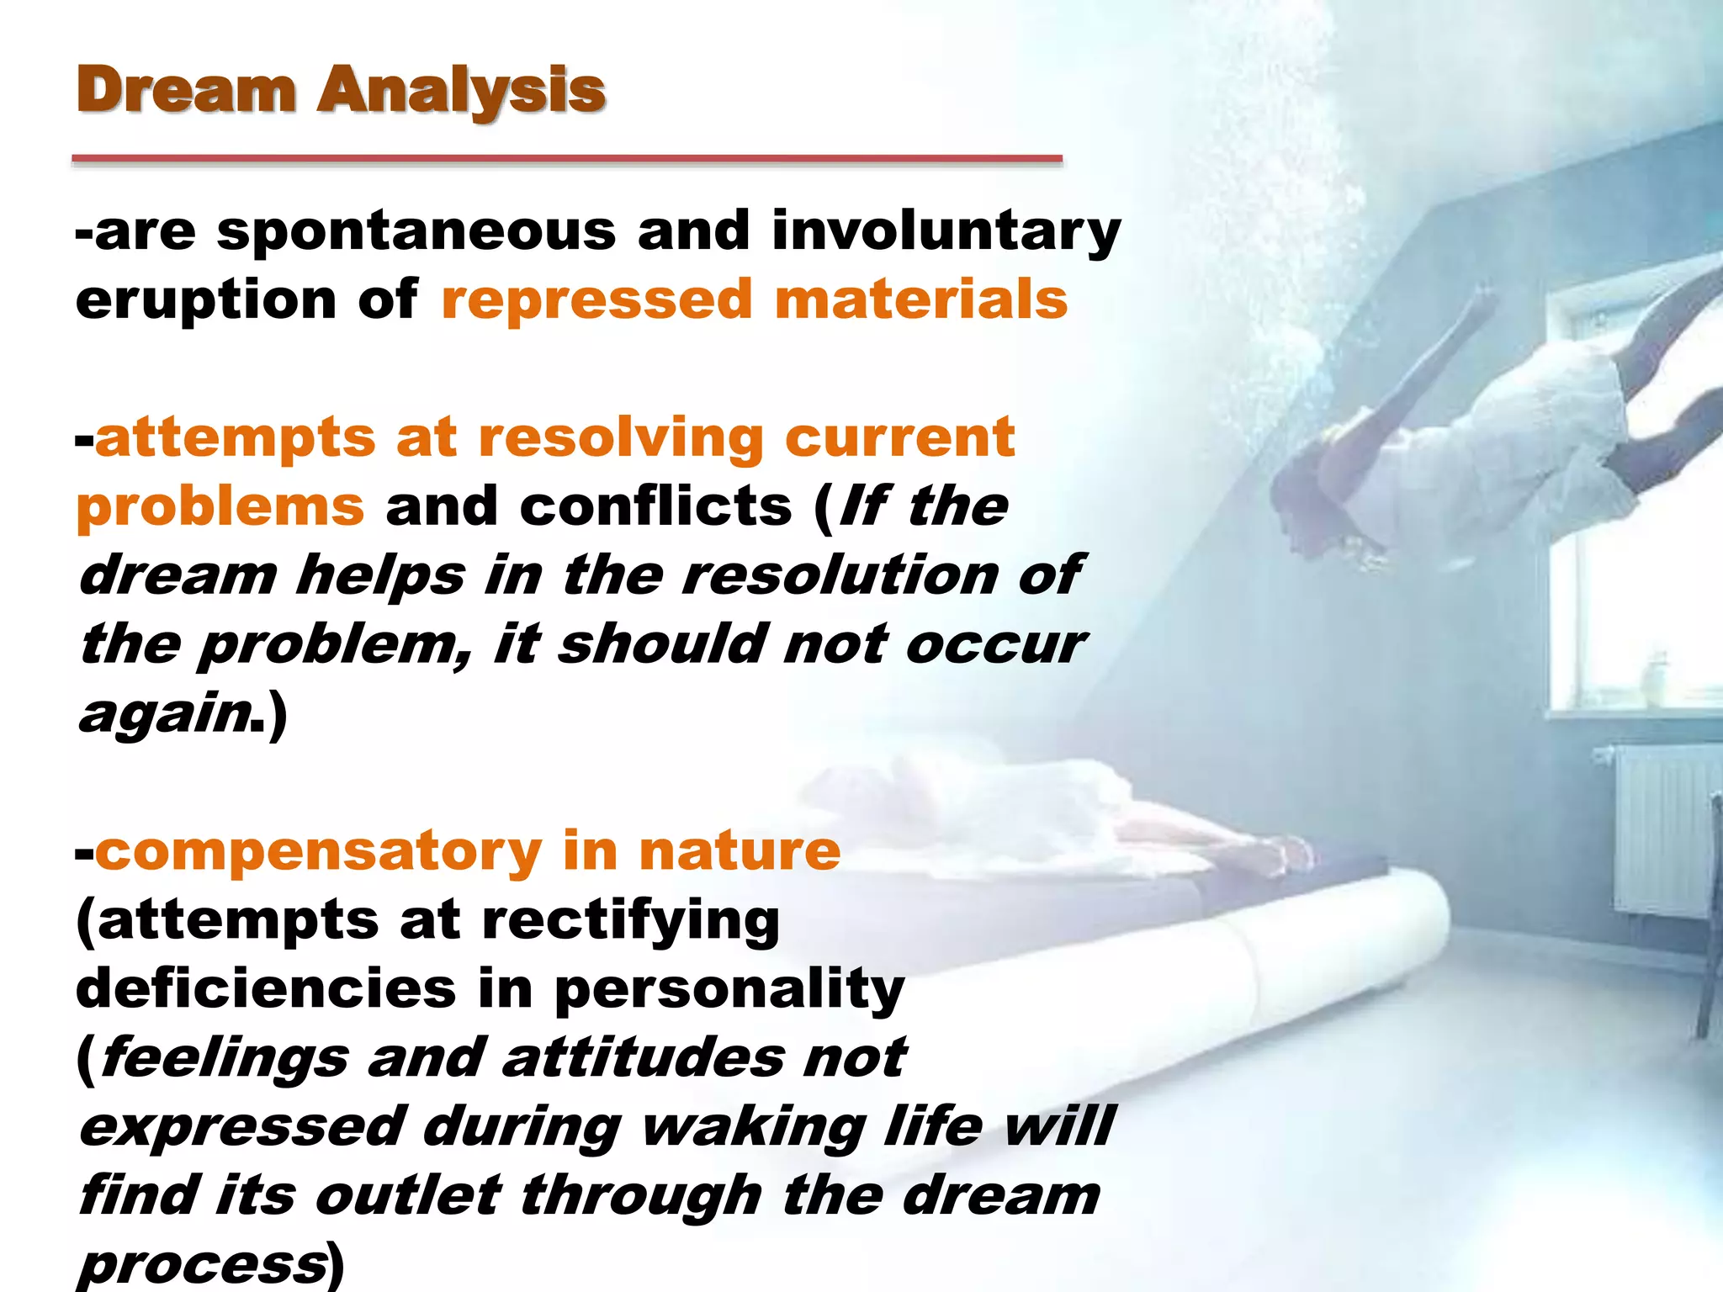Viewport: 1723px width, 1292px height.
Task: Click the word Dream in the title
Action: tap(186, 90)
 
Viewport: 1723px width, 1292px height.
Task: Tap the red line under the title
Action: tap(567, 158)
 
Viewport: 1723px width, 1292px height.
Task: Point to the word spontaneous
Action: tap(416, 231)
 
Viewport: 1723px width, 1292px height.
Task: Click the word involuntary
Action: tap(946, 231)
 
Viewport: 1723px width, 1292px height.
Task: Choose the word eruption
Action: tap(206, 301)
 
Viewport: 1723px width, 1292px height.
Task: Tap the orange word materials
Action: tap(920, 299)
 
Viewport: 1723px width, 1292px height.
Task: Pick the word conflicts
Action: tap(656, 506)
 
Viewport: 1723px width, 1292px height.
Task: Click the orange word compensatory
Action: tap(319, 852)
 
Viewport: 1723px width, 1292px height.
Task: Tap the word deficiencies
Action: tap(266, 988)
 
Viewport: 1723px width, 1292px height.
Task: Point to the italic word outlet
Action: tap(408, 1195)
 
